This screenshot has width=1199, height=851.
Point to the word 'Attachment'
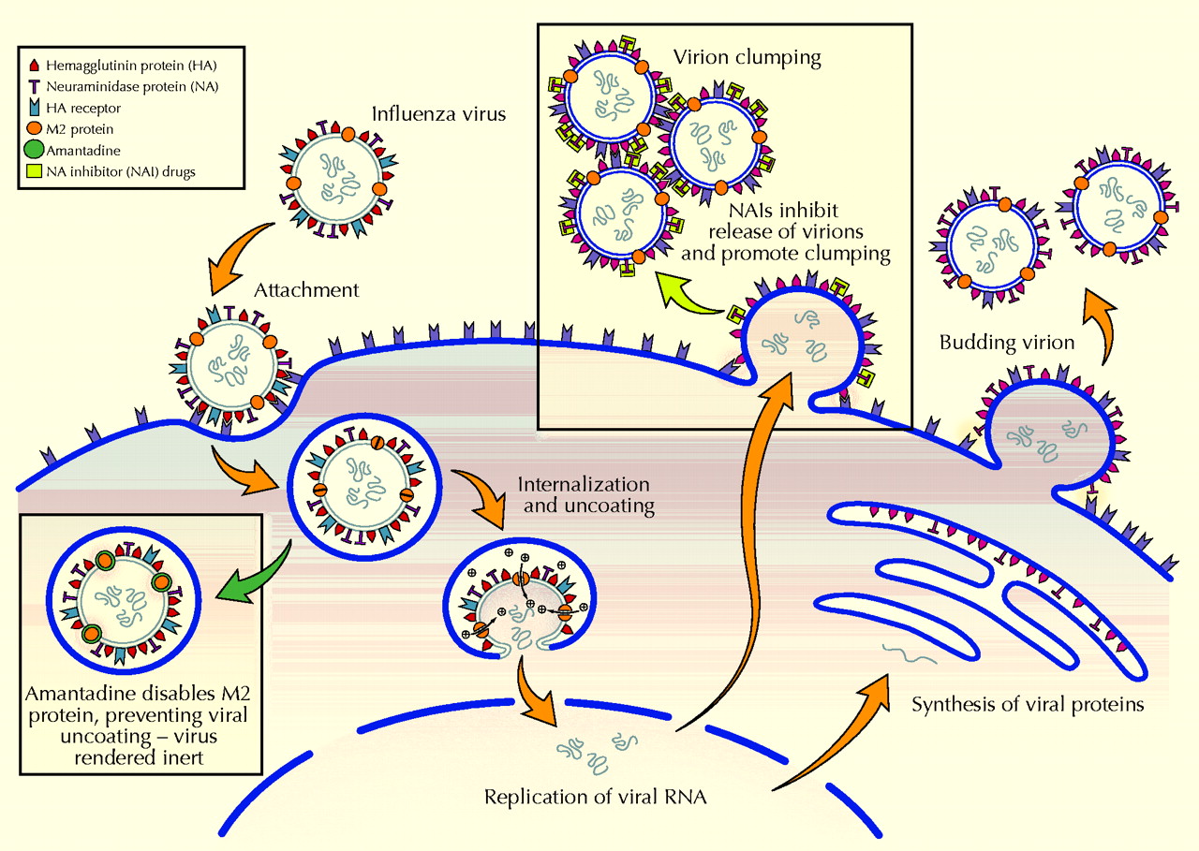[x=309, y=290]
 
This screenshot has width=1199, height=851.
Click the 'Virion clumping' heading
[x=748, y=58]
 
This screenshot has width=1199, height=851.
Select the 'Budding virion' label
[x=1007, y=343]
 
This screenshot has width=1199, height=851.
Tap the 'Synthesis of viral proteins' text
[x=1028, y=704]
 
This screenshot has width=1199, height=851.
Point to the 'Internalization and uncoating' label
[x=584, y=495]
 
